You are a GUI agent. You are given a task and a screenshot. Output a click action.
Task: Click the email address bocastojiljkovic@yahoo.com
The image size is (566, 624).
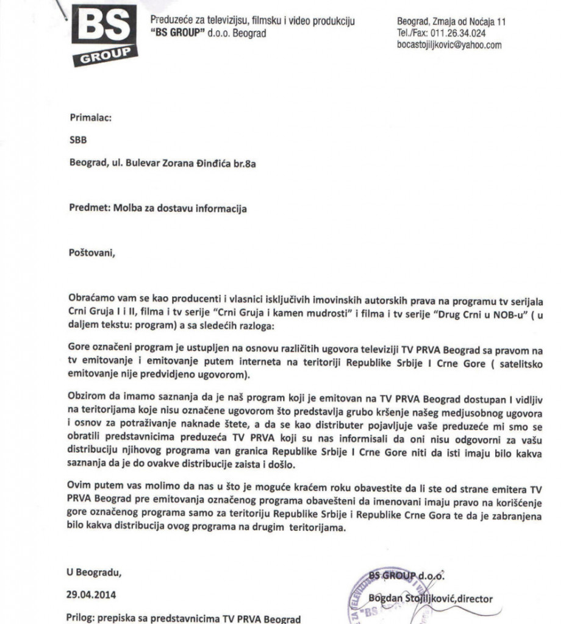(x=449, y=45)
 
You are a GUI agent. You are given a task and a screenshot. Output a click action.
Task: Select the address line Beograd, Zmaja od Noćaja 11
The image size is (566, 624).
(x=451, y=22)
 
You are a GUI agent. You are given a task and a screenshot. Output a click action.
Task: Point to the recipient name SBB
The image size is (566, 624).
(x=78, y=140)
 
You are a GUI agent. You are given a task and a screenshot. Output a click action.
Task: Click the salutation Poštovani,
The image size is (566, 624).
(x=91, y=253)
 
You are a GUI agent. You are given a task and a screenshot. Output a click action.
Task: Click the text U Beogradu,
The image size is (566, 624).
(x=95, y=572)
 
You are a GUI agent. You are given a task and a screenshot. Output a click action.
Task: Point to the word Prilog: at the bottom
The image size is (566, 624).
(x=83, y=618)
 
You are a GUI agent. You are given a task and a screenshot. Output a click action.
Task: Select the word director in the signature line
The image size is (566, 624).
(x=472, y=598)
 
